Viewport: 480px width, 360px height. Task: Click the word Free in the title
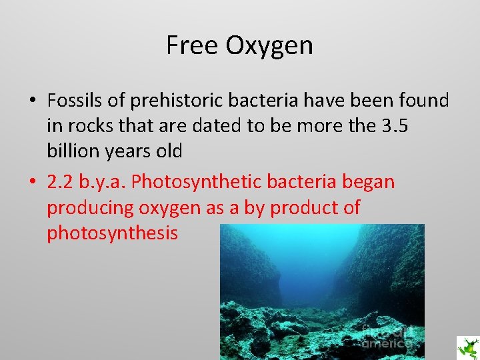click(x=192, y=45)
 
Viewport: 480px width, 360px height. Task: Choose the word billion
click(x=74, y=151)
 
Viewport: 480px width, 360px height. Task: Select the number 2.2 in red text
click(x=60, y=182)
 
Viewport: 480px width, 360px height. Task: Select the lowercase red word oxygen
click(x=169, y=208)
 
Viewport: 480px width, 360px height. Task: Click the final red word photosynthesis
click(x=112, y=233)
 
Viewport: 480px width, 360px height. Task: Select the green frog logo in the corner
click(x=467, y=347)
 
